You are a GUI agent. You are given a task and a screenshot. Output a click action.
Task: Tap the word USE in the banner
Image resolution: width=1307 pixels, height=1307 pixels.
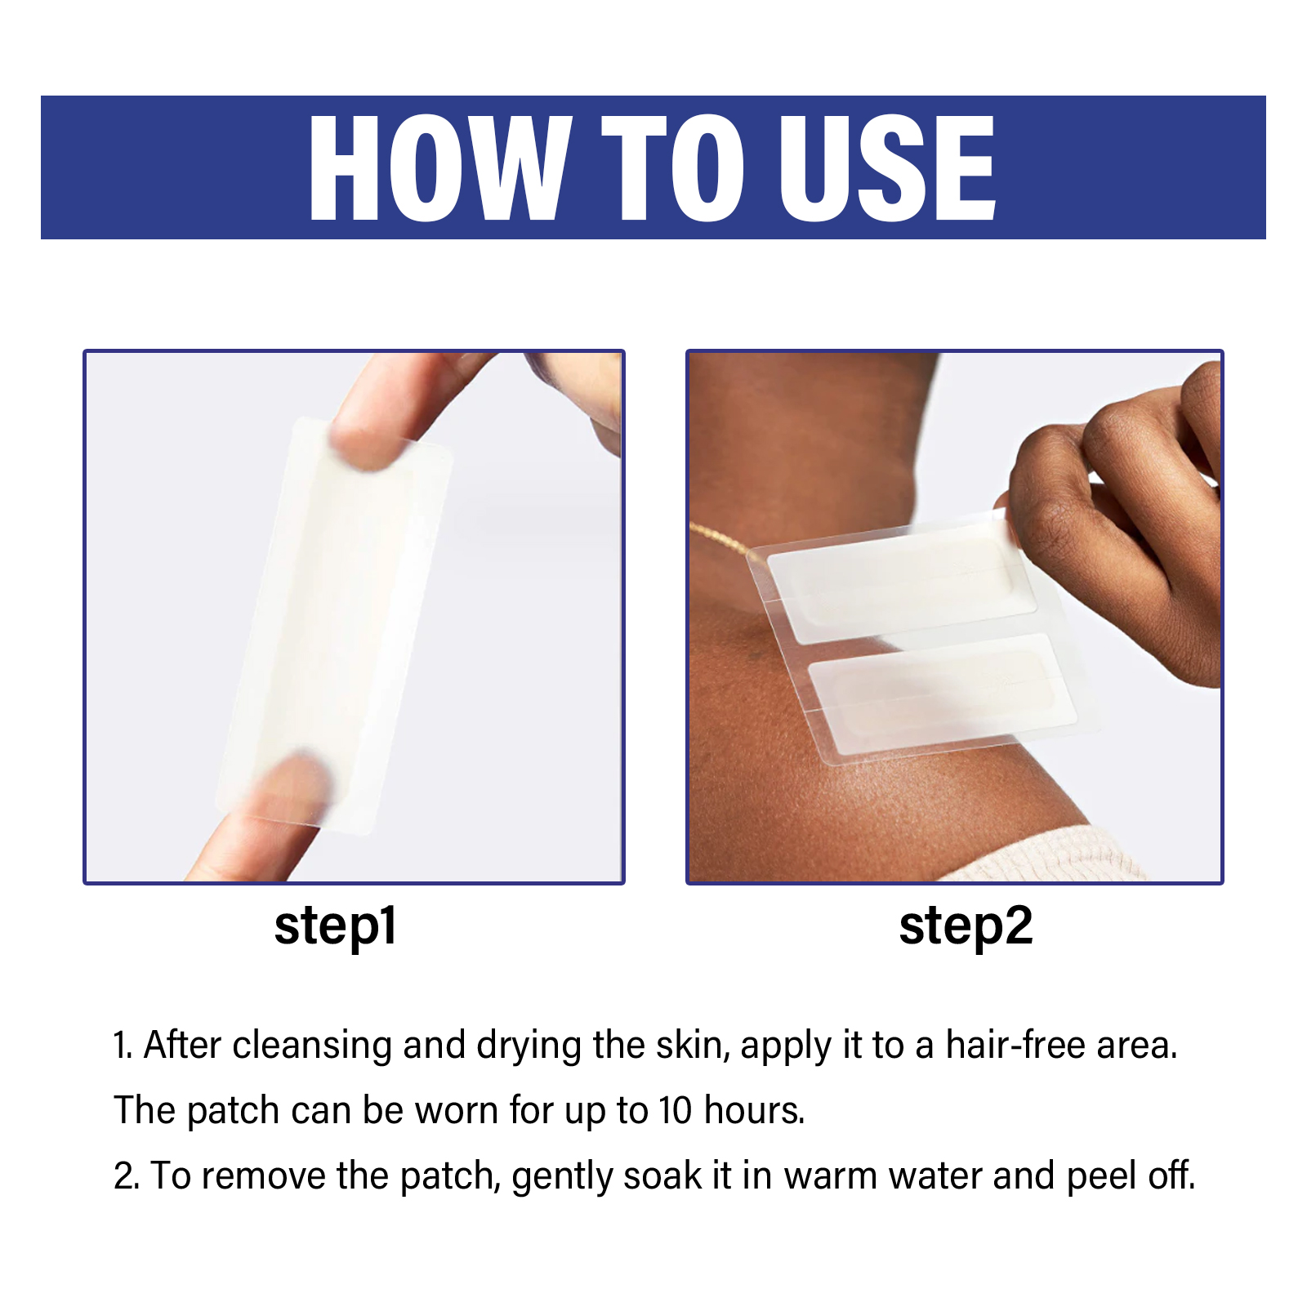pyautogui.click(x=887, y=167)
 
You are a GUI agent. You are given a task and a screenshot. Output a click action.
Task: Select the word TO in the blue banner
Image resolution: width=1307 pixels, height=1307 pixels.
pyautogui.click(x=673, y=167)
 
